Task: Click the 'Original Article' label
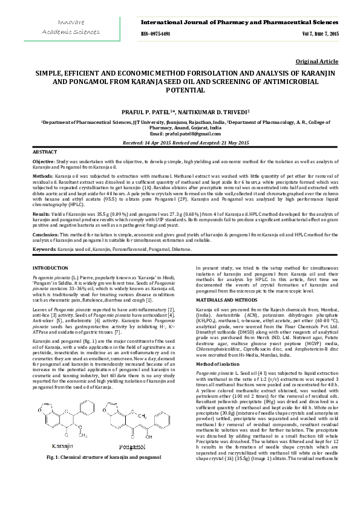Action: pos(317,62)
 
